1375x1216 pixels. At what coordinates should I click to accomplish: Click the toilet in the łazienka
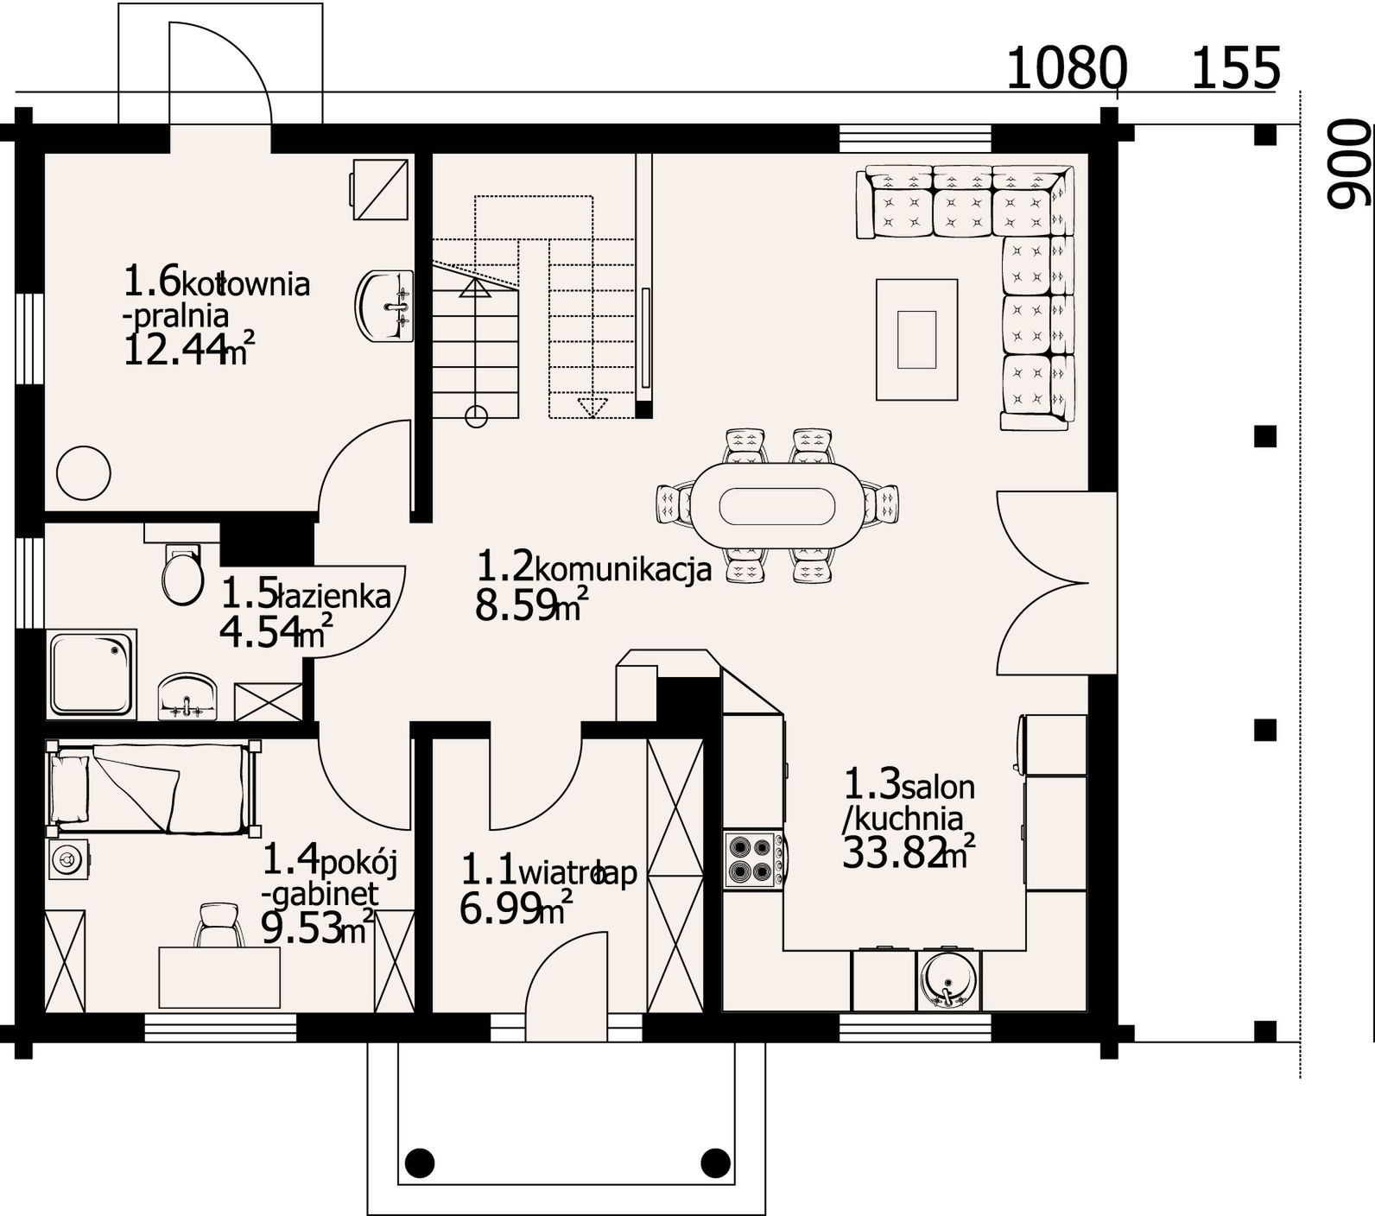182,573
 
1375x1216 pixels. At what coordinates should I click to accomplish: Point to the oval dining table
776,506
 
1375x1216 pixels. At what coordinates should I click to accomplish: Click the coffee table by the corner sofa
916,339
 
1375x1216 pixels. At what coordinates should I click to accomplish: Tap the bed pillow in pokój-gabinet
70,788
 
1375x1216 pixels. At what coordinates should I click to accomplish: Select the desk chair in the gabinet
218,925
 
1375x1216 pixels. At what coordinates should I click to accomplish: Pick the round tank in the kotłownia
84,472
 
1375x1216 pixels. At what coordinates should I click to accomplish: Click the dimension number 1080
1068,68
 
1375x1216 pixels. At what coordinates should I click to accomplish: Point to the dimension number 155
1235,68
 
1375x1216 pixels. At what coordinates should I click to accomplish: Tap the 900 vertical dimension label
1348,165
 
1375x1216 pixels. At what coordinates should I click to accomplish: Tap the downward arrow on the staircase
592,408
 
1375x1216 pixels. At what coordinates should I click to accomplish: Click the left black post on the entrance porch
419,1162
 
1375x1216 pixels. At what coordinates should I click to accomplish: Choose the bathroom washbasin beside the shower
189,696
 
